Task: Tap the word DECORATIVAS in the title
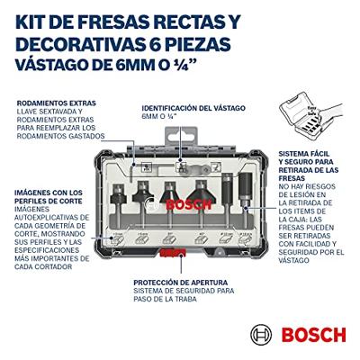point(88,41)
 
